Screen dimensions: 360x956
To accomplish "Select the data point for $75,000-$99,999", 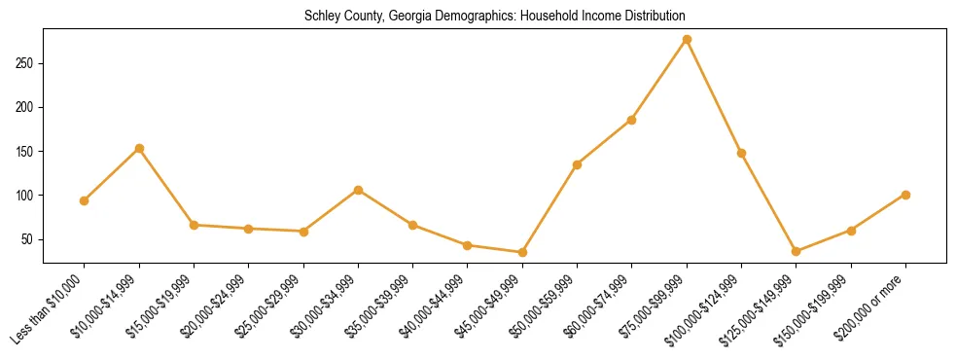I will coord(687,40).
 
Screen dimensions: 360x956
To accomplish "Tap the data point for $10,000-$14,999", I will coord(139,149).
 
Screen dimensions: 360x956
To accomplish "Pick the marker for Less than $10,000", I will coord(85,200).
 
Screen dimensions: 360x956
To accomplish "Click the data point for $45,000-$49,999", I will coord(522,252).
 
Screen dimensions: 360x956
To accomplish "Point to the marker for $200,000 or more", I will coord(905,195).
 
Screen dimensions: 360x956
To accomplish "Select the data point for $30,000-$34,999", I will coord(358,190).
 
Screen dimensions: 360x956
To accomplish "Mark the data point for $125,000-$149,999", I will coord(796,251).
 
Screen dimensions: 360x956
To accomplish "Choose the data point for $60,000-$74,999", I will coord(631,120).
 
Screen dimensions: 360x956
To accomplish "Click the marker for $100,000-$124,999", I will coord(741,153).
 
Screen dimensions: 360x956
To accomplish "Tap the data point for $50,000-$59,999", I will coord(577,164).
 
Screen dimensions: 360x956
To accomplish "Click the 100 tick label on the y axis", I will coord(28,196).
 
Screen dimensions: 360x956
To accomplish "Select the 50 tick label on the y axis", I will coord(31,239).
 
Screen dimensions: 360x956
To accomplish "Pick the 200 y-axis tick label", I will coord(28,107).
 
